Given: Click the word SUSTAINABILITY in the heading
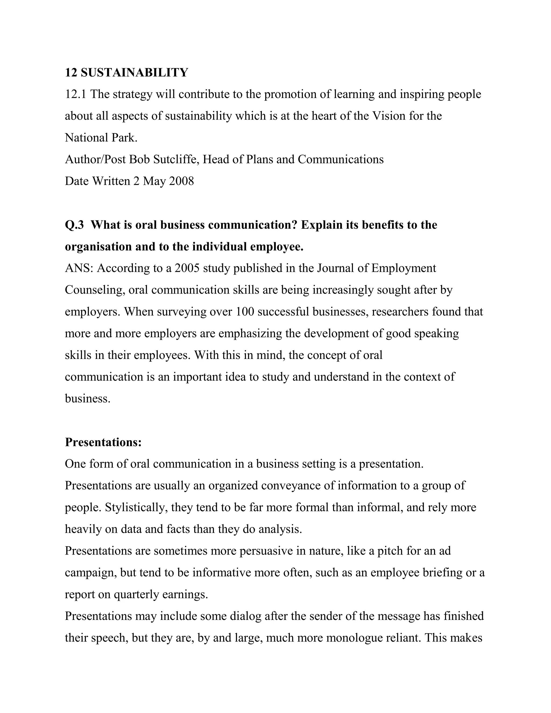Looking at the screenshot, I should coord(134,72).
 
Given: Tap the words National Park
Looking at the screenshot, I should coord(101,138).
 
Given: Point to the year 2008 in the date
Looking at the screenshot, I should coord(181,181).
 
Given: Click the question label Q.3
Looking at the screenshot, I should coord(75,225).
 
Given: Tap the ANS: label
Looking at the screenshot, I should coord(79,268).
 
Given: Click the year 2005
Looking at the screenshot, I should coord(187,268).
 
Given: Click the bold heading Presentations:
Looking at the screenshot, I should coord(103,442).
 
